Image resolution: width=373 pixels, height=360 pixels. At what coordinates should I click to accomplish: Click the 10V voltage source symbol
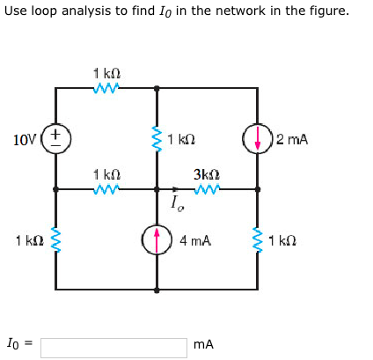pyautogui.click(x=55, y=138)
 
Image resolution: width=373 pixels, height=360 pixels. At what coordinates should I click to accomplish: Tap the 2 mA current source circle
pyautogui.click(x=258, y=139)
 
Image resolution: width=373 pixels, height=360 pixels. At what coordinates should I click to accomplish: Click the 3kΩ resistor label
pyautogui.click(x=205, y=174)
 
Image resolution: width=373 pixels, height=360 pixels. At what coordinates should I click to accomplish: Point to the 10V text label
pyautogui.click(x=26, y=139)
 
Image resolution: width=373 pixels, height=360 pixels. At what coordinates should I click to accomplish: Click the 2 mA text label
pyautogui.click(x=292, y=139)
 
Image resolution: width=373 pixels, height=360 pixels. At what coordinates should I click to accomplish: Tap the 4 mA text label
pyautogui.click(x=195, y=239)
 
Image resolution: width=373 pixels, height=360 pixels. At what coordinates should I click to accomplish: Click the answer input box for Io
pyautogui.click(x=113, y=347)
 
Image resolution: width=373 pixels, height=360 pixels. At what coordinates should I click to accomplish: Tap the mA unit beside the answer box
pyautogui.click(x=204, y=345)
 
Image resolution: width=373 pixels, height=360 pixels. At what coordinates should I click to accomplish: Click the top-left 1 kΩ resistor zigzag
pyautogui.click(x=106, y=88)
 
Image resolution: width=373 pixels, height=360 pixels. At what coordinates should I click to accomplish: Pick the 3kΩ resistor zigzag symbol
pyautogui.click(x=206, y=188)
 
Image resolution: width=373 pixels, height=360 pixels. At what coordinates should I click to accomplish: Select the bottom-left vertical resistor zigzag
pyautogui.click(x=55, y=239)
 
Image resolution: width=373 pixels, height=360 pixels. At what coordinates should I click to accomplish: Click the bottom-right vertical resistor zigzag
pyautogui.click(x=258, y=239)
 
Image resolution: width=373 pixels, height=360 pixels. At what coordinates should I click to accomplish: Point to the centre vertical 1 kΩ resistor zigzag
pyautogui.click(x=157, y=139)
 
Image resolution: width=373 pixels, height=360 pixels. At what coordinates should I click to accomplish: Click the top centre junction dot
pyautogui.click(x=157, y=88)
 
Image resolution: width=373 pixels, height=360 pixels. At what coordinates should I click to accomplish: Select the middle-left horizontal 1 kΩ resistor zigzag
pyautogui.click(x=106, y=188)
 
